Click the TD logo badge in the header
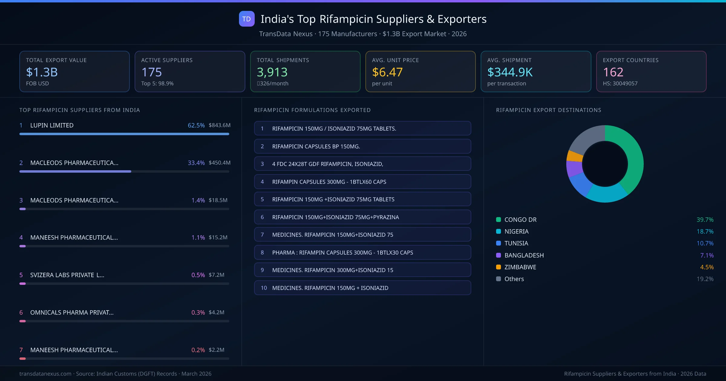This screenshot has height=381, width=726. (x=247, y=19)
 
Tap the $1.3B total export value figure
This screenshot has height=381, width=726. (x=42, y=72)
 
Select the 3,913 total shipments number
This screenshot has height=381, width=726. (x=272, y=72)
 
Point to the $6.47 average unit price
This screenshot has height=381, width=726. (x=387, y=72)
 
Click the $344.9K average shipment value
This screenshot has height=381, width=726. (x=510, y=72)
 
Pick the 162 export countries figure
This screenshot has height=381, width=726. (x=613, y=72)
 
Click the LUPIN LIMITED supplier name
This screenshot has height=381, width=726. (x=52, y=125)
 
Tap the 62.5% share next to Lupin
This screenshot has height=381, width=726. (x=196, y=125)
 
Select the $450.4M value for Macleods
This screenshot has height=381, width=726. (x=219, y=163)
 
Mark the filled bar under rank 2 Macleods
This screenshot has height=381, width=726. (x=75, y=171)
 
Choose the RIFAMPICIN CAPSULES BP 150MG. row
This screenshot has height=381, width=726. (x=362, y=146)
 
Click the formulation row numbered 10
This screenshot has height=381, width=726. (x=362, y=288)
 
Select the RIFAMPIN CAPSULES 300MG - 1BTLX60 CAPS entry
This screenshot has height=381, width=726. (x=362, y=182)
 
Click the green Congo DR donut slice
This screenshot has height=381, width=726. (x=632, y=157)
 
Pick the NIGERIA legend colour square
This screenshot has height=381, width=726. (x=499, y=231)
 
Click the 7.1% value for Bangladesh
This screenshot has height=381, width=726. (x=707, y=255)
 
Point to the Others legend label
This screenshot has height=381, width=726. (x=514, y=279)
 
